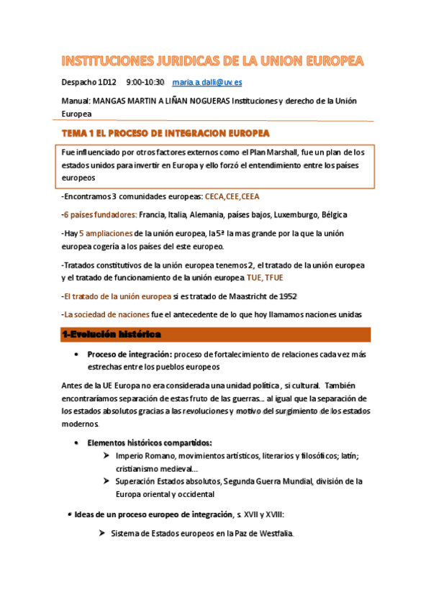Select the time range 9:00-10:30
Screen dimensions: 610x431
tap(145, 82)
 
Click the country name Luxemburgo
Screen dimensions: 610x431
tap(296, 214)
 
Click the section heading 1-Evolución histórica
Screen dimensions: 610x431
tap(112, 334)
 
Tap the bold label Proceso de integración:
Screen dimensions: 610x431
tap(134, 354)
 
